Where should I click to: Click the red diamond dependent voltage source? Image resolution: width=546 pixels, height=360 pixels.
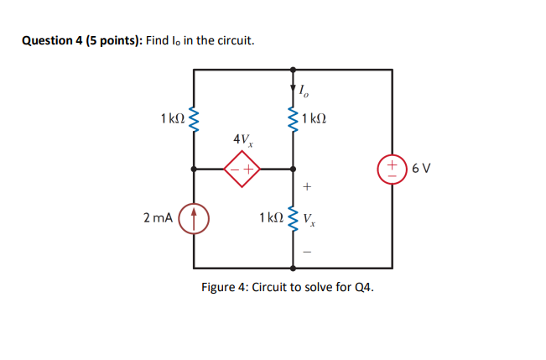coord(242,168)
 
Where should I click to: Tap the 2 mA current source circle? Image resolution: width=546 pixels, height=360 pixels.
coord(195,217)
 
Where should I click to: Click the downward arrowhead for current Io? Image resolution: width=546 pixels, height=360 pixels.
coord(294,87)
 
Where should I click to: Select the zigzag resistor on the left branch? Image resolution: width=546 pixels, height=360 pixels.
coord(195,120)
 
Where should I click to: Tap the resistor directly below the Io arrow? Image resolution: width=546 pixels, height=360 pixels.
coord(294,119)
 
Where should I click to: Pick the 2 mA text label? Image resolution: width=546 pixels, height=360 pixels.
coord(159,218)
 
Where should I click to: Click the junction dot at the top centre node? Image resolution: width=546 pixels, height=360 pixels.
coord(294,69)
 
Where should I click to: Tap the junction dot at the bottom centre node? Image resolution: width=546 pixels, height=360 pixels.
coord(294,268)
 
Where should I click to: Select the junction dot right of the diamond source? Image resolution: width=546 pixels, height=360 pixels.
coord(294,168)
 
